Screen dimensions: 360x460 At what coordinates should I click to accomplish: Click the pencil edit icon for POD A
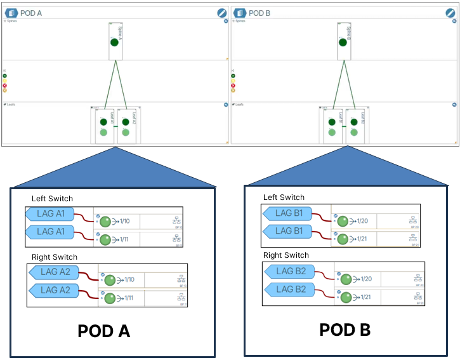coord(221,13)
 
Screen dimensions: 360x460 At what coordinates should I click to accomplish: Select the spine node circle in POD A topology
coord(114,43)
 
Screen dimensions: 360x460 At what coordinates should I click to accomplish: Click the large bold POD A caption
coord(103,330)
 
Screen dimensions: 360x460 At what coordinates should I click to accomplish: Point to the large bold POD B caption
coord(345,329)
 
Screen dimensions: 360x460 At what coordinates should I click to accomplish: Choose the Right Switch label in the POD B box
coord(286,255)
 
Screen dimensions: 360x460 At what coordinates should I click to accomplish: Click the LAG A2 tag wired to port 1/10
coord(55,272)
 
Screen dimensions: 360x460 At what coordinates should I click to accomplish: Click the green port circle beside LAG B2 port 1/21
coord(346,297)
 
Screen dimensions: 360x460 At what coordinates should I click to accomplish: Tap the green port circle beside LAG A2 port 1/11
coord(110,298)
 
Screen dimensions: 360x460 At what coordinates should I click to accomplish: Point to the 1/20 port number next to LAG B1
coord(362,221)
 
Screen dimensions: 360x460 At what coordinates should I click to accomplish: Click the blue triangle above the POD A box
coord(115,168)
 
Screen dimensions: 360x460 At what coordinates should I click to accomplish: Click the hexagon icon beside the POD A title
coord(11,13)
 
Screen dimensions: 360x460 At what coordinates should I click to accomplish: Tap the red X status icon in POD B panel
coord(233,85)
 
